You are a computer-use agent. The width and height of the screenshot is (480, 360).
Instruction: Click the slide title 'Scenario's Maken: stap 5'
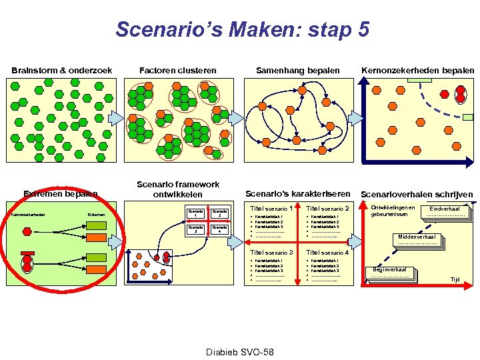[242, 29]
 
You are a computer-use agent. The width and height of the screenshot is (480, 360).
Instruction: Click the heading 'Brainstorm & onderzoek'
[61, 70]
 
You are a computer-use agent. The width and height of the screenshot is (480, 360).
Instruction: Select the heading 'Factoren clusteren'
[177, 70]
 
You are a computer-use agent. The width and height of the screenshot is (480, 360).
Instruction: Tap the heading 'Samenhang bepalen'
[298, 70]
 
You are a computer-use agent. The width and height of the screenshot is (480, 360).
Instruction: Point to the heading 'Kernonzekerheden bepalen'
[417, 70]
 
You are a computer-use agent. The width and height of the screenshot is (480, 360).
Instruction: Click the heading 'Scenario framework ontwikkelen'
[178, 189]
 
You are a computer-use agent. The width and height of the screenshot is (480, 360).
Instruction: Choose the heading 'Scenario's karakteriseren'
[298, 193]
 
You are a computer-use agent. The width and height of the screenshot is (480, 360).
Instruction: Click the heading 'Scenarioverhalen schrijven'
[417, 195]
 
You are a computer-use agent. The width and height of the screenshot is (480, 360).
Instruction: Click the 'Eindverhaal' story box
[445, 211]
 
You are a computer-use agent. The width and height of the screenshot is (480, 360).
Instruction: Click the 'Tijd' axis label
[455, 280]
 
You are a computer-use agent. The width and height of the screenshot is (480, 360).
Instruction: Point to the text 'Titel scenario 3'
[271, 253]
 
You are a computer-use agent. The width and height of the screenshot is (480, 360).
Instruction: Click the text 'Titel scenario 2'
[327, 209]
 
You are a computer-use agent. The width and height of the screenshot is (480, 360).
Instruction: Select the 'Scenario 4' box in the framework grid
[219, 229]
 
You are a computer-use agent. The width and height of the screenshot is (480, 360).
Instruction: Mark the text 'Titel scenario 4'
[327, 253]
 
